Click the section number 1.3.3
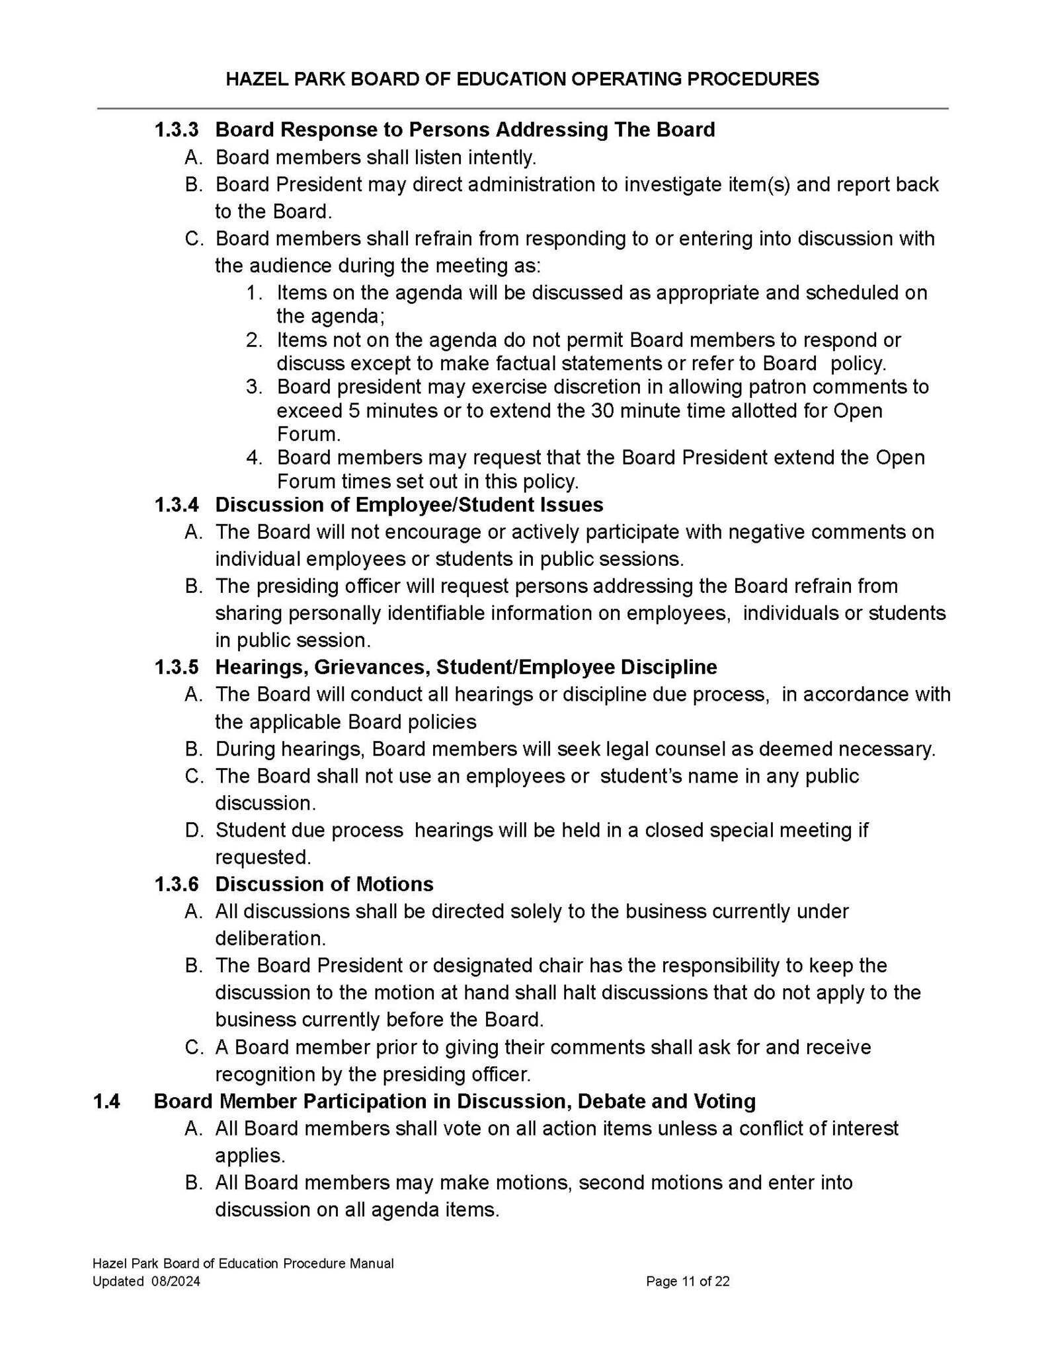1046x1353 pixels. tap(176, 130)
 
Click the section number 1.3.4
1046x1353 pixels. tap(176, 505)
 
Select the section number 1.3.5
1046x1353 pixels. tap(176, 667)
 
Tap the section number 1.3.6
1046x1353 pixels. tap(176, 884)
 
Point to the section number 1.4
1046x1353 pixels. tap(106, 1101)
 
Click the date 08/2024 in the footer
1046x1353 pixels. tap(176, 1282)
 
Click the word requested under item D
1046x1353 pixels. tap(262, 857)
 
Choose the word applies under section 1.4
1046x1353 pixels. tap(250, 1155)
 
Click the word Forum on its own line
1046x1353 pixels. tap(308, 434)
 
